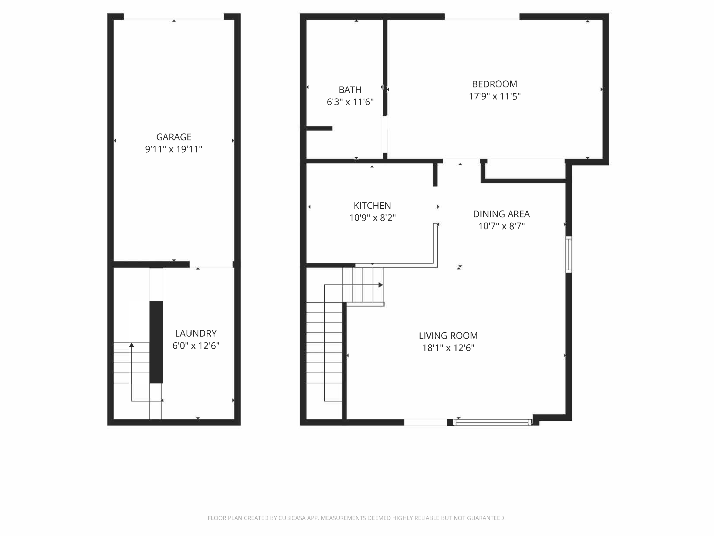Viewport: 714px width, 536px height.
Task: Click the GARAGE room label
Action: tap(174, 137)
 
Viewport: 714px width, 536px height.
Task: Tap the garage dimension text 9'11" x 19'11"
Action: tap(174, 149)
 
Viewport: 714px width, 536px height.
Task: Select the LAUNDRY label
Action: tap(196, 333)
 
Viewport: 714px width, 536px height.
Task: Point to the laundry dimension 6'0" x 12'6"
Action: tap(196, 346)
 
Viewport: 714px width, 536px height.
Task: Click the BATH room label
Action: tap(350, 90)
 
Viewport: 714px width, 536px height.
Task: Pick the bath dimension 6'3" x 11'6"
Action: tap(350, 102)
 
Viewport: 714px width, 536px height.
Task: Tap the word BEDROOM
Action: tap(495, 84)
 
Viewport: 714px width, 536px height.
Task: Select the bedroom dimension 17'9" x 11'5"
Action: tap(495, 96)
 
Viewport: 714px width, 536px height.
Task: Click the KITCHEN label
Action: tap(372, 206)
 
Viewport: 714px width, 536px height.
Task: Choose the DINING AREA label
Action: tap(501, 214)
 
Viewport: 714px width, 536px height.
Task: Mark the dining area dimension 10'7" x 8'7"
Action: tap(501, 226)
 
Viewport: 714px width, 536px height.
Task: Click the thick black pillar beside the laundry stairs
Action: tap(156, 342)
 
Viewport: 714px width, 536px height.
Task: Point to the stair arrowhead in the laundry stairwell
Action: tap(132, 345)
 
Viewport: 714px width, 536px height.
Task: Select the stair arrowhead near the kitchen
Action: tap(380, 285)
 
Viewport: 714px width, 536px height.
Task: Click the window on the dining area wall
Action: tap(569, 254)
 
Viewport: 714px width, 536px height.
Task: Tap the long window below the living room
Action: tap(493, 422)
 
